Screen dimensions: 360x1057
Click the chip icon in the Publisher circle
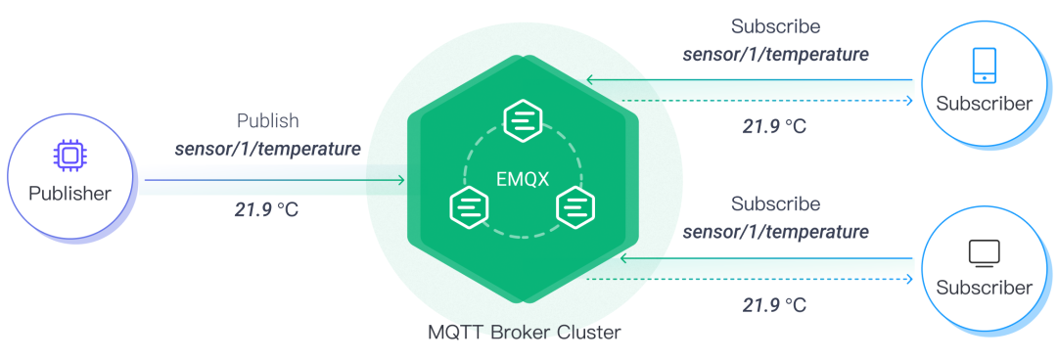pyautogui.click(x=69, y=156)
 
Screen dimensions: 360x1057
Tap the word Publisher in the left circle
pyautogui.click(x=69, y=193)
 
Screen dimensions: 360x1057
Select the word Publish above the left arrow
pyautogui.click(x=267, y=121)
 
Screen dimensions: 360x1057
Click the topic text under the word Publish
pyautogui.click(x=267, y=150)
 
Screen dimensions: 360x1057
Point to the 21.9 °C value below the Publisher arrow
pyautogui.click(x=267, y=209)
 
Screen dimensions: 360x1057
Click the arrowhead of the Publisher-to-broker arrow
pyautogui.click(x=400, y=180)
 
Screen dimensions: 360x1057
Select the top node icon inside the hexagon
pyautogui.click(x=522, y=121)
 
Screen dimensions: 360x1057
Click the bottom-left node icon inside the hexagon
pyautogui.click(x=468, y=207)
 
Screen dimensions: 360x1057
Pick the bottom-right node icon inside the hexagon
pyautogui.click(x=576, y=207)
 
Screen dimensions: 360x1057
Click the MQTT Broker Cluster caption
pyautogui.click(x=524, y=333)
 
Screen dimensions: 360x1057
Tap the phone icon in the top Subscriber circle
pyautogui.click(x=984, y=66)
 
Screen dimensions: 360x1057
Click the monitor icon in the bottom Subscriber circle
pyautogui.click(x=984, y=253)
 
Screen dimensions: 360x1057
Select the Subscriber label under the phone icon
pyautogui.click(x=984, y=104)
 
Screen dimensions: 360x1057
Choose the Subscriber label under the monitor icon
pyautogui.click(x=984, y=288)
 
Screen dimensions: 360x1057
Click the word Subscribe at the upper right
pyautogui.click(x=775, y=26)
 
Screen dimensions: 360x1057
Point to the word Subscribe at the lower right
pyautogui.click(x=775, y=204)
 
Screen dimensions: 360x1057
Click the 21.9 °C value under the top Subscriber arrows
pyautogui.click(x=774, y=126)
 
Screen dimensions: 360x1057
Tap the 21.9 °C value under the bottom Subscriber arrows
pyautogui.click(x=774, y=305)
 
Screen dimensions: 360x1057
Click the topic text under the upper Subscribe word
pyautogui.click(x=775, y=55)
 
